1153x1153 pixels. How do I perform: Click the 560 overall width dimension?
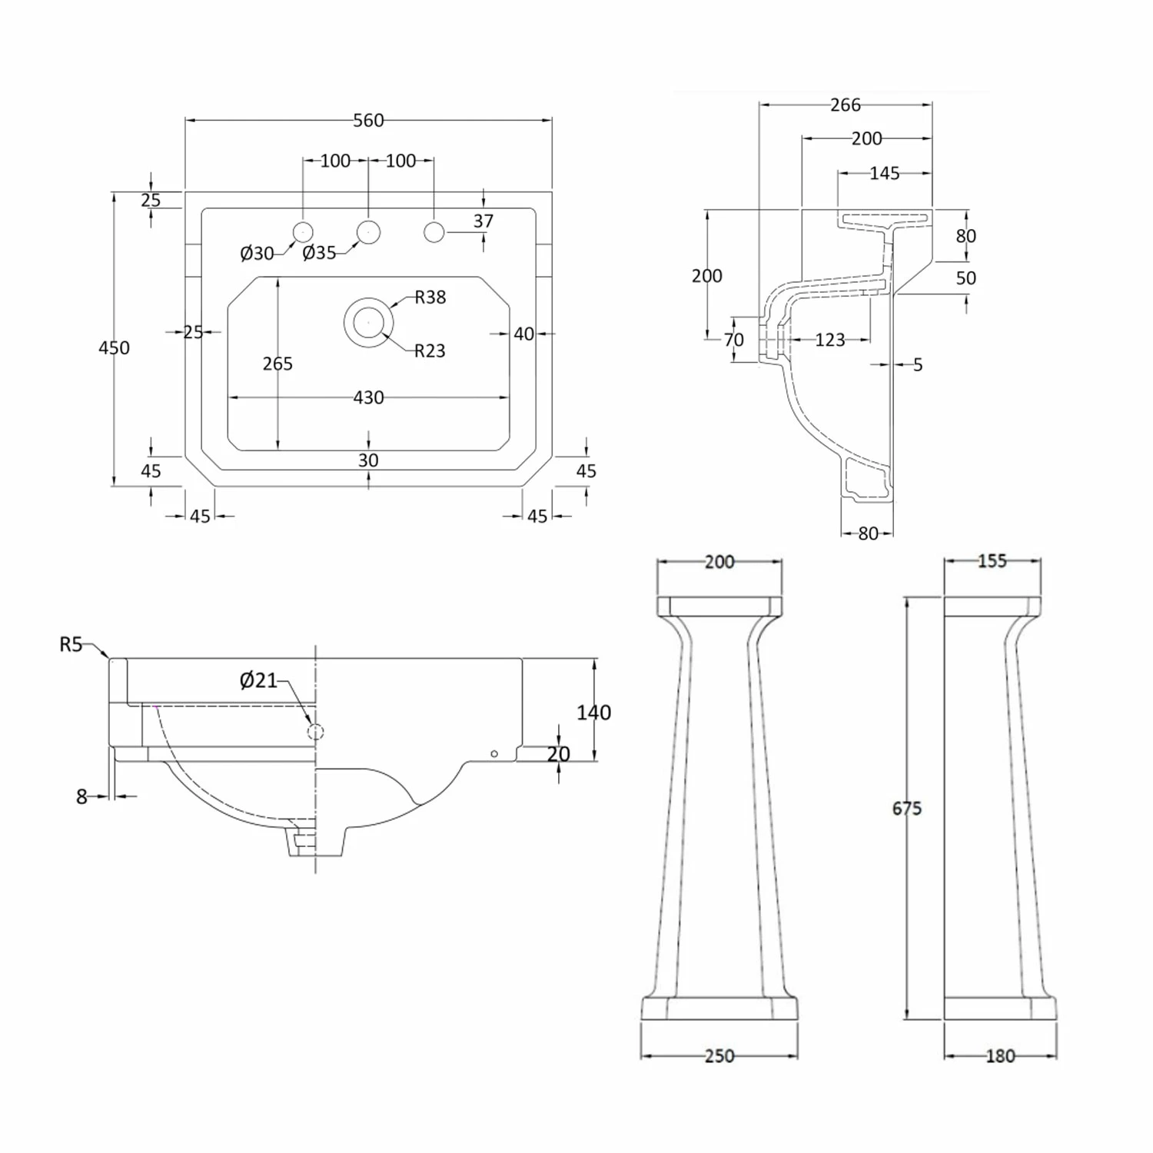point(368,121)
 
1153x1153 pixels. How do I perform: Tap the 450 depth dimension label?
point(114,347)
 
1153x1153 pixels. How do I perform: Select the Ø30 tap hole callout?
point(257,253)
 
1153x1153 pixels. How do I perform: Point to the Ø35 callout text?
point(319,252)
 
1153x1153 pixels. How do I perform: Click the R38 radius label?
point(430,297)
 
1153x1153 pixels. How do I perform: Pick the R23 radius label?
point(429,351)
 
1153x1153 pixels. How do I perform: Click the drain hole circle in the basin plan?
point(368,322)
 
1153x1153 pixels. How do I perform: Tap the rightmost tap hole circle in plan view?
point(434,231)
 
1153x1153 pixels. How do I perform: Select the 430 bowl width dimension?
point(368,397)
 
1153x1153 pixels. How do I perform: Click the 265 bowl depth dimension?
point(277,364)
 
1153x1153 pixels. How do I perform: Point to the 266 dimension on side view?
point(845,105)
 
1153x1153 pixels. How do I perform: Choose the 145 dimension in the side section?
point(884,173)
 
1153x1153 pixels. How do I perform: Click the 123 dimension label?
point(829,340)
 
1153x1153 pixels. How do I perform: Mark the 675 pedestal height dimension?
point(906,808)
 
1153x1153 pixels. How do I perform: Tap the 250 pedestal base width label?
point(719,1055)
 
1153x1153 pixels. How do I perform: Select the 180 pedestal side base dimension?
point(1000,1055)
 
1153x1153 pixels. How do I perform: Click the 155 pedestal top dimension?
point(992,560)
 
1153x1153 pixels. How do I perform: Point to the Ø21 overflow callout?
point(258,680)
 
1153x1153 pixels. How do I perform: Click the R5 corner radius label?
point(71,644)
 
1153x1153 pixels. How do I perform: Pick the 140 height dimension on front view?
point(593,713)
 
